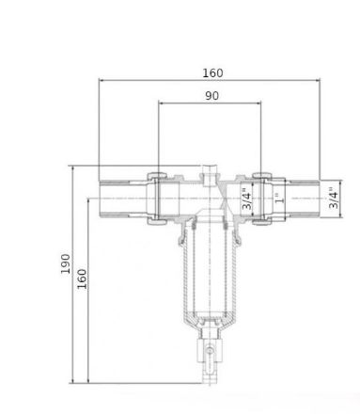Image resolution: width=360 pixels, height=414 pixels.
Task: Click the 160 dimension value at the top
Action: coord(212,73)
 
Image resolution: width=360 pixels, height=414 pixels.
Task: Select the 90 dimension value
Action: coord(211,96)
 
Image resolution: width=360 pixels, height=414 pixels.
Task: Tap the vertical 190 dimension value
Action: coord(66,263)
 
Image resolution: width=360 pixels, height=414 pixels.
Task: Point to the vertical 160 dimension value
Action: coord(82,279)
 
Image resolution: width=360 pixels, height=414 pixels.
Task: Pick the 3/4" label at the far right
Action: coord(334,199)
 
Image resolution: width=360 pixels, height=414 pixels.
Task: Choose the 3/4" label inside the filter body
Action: coord(246,199)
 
